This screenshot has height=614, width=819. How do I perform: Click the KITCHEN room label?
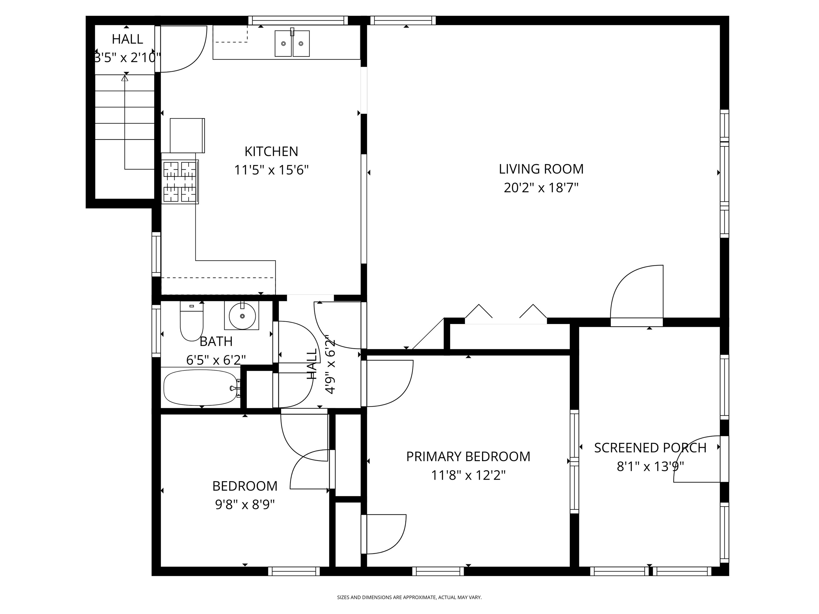(271, 151)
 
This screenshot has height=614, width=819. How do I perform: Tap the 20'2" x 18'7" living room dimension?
(541, 188)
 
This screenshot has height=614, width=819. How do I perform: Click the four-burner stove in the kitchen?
(180, 182)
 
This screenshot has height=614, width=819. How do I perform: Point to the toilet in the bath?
(191, 321)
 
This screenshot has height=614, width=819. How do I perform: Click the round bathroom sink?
(242, 316)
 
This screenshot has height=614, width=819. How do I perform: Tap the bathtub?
(200, 388)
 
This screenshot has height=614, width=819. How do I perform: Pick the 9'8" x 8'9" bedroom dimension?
(245, 504)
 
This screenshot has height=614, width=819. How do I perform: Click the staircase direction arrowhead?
(125, 78)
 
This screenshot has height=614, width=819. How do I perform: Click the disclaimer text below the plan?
(409, 597)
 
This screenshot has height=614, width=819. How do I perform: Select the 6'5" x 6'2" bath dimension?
(216, 360)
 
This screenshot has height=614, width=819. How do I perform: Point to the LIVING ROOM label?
(541, 169)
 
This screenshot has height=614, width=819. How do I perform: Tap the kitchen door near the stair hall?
(182, 48)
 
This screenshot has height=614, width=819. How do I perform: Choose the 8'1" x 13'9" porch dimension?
(650, 467)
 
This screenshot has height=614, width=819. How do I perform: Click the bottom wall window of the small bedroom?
(294, 571)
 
